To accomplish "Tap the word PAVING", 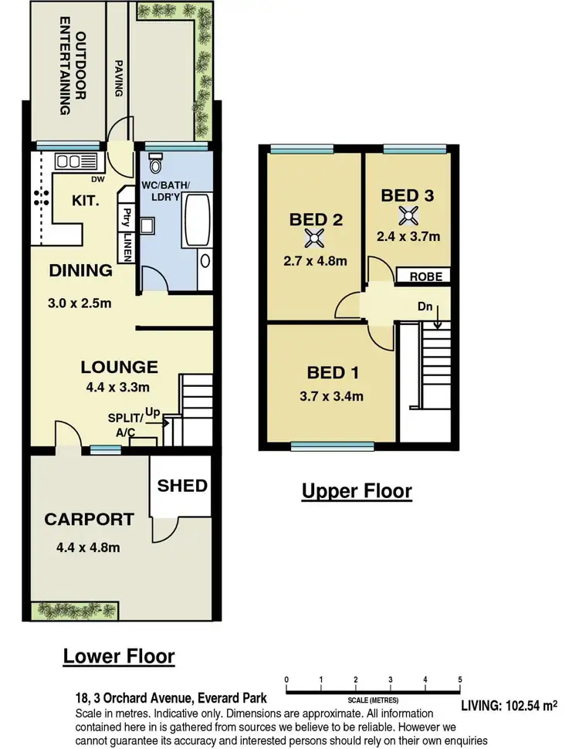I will [x=119, y=79].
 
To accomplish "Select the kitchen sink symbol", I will [x=70, y=161].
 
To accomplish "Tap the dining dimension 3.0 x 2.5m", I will [x=80, y=303].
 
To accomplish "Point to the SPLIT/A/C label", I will [x=124, y=425].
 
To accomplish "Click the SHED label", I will [x=182, y=485].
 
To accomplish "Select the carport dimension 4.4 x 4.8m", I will [x=88, y=547].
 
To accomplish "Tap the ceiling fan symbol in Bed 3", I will [x=407, y=215].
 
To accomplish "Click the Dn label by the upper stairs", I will [x=425, y=306].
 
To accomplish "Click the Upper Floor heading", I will [x=356, y=490].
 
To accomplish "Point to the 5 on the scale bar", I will [x=460, y=679].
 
